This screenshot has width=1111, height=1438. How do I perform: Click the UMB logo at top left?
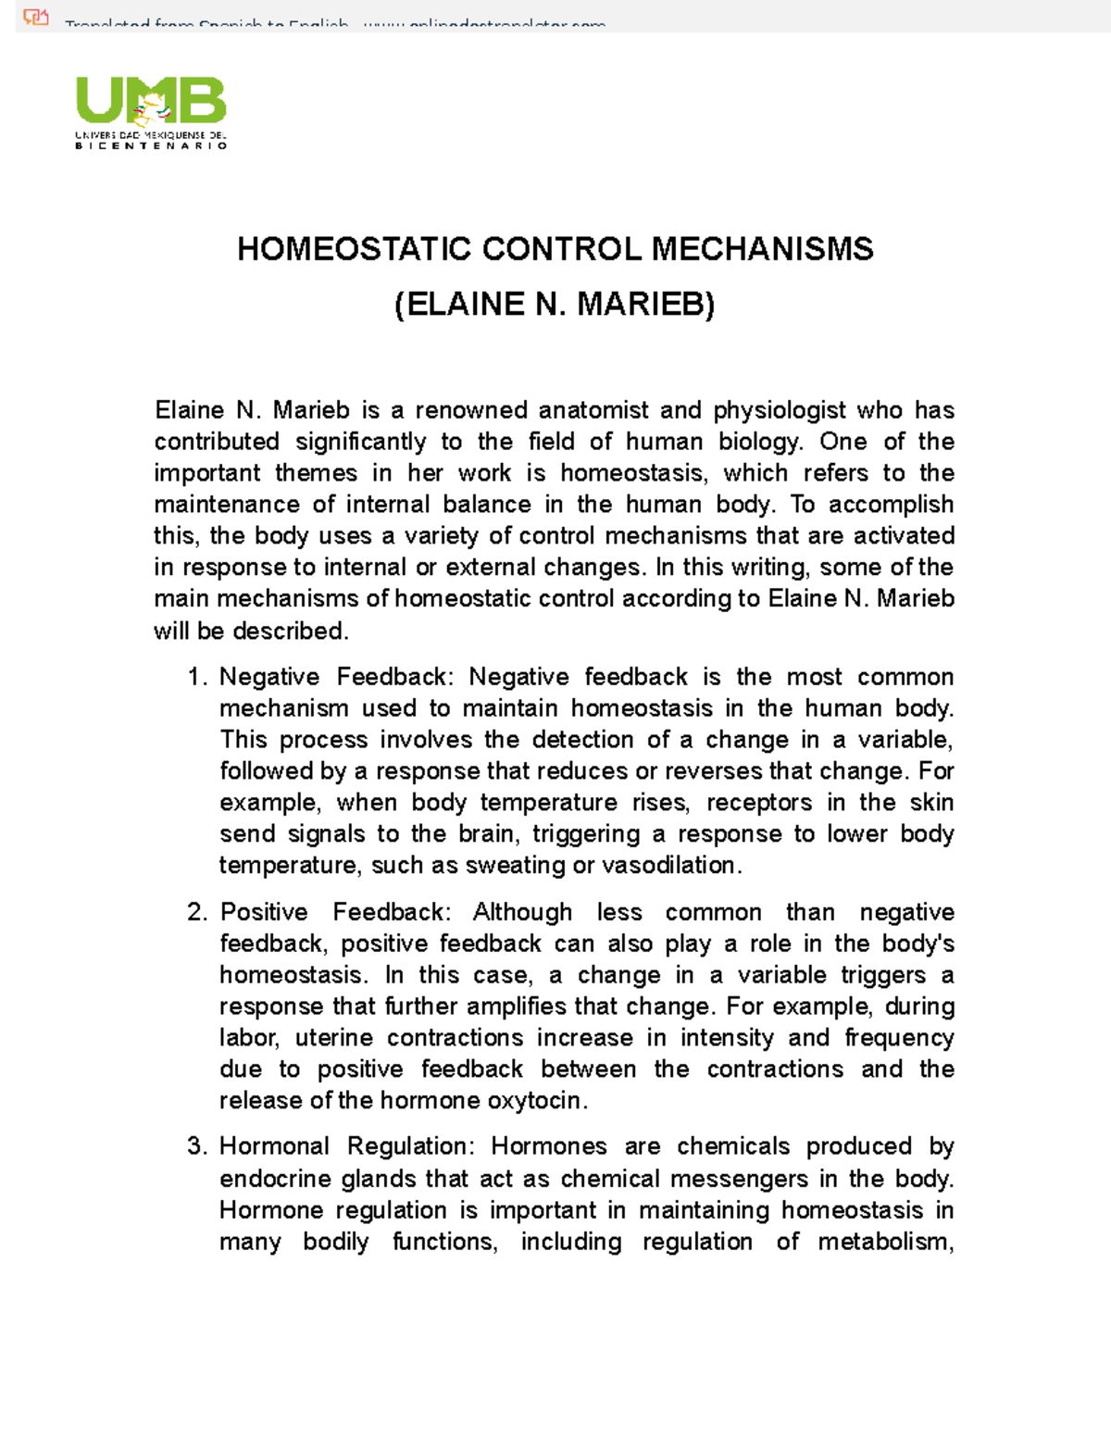151,112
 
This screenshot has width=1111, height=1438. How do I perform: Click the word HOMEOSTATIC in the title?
354,249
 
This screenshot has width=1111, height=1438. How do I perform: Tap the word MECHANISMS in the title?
762,249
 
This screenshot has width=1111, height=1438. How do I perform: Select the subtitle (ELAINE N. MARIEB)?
555,305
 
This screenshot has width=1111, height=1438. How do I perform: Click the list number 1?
195,677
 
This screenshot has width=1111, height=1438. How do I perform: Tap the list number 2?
195,912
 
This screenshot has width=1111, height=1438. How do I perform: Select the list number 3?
195,1146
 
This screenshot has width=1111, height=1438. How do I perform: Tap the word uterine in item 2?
333,1038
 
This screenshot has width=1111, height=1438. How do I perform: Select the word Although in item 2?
522,912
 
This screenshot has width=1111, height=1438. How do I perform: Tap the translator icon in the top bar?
35,16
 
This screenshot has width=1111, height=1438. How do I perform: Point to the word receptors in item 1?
759,803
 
